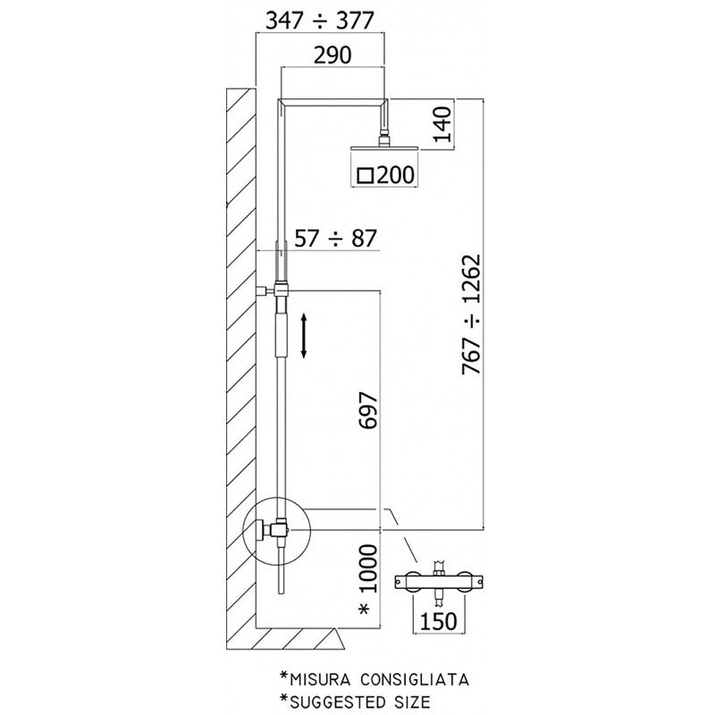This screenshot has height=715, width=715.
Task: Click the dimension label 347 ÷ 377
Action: [321, 17]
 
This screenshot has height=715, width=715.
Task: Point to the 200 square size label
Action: [395, 175]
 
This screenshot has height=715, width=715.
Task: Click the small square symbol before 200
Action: [365, 175]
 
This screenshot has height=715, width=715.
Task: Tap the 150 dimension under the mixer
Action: [438, 619]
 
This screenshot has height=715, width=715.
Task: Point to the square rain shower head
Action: [385, 148]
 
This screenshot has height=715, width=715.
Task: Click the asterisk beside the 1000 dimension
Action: [366, 610]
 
